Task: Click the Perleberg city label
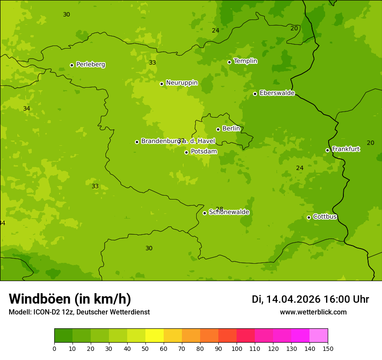coord(90,65)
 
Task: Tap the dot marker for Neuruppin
coord(161,84)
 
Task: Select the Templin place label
coord(245,61)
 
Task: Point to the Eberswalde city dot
coord(255,94)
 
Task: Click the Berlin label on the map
coord(231,129)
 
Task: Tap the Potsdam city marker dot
coord(186,152)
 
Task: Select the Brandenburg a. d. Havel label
coord(178,141)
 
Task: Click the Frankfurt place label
coord(346,149)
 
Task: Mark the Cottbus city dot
coord(309,217)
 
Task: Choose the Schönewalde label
coord(229,212)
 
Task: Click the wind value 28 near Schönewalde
coord(219,209)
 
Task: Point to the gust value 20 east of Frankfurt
coord(370,143)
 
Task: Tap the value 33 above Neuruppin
coord(152,62)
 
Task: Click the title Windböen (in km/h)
coord(70,299)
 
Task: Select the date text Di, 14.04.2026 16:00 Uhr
coord(310,299)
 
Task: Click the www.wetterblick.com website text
coord(313,312)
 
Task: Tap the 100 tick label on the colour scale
coord(237,348)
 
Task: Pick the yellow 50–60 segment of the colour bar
coord(155,336)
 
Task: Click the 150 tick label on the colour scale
coord(328,348)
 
